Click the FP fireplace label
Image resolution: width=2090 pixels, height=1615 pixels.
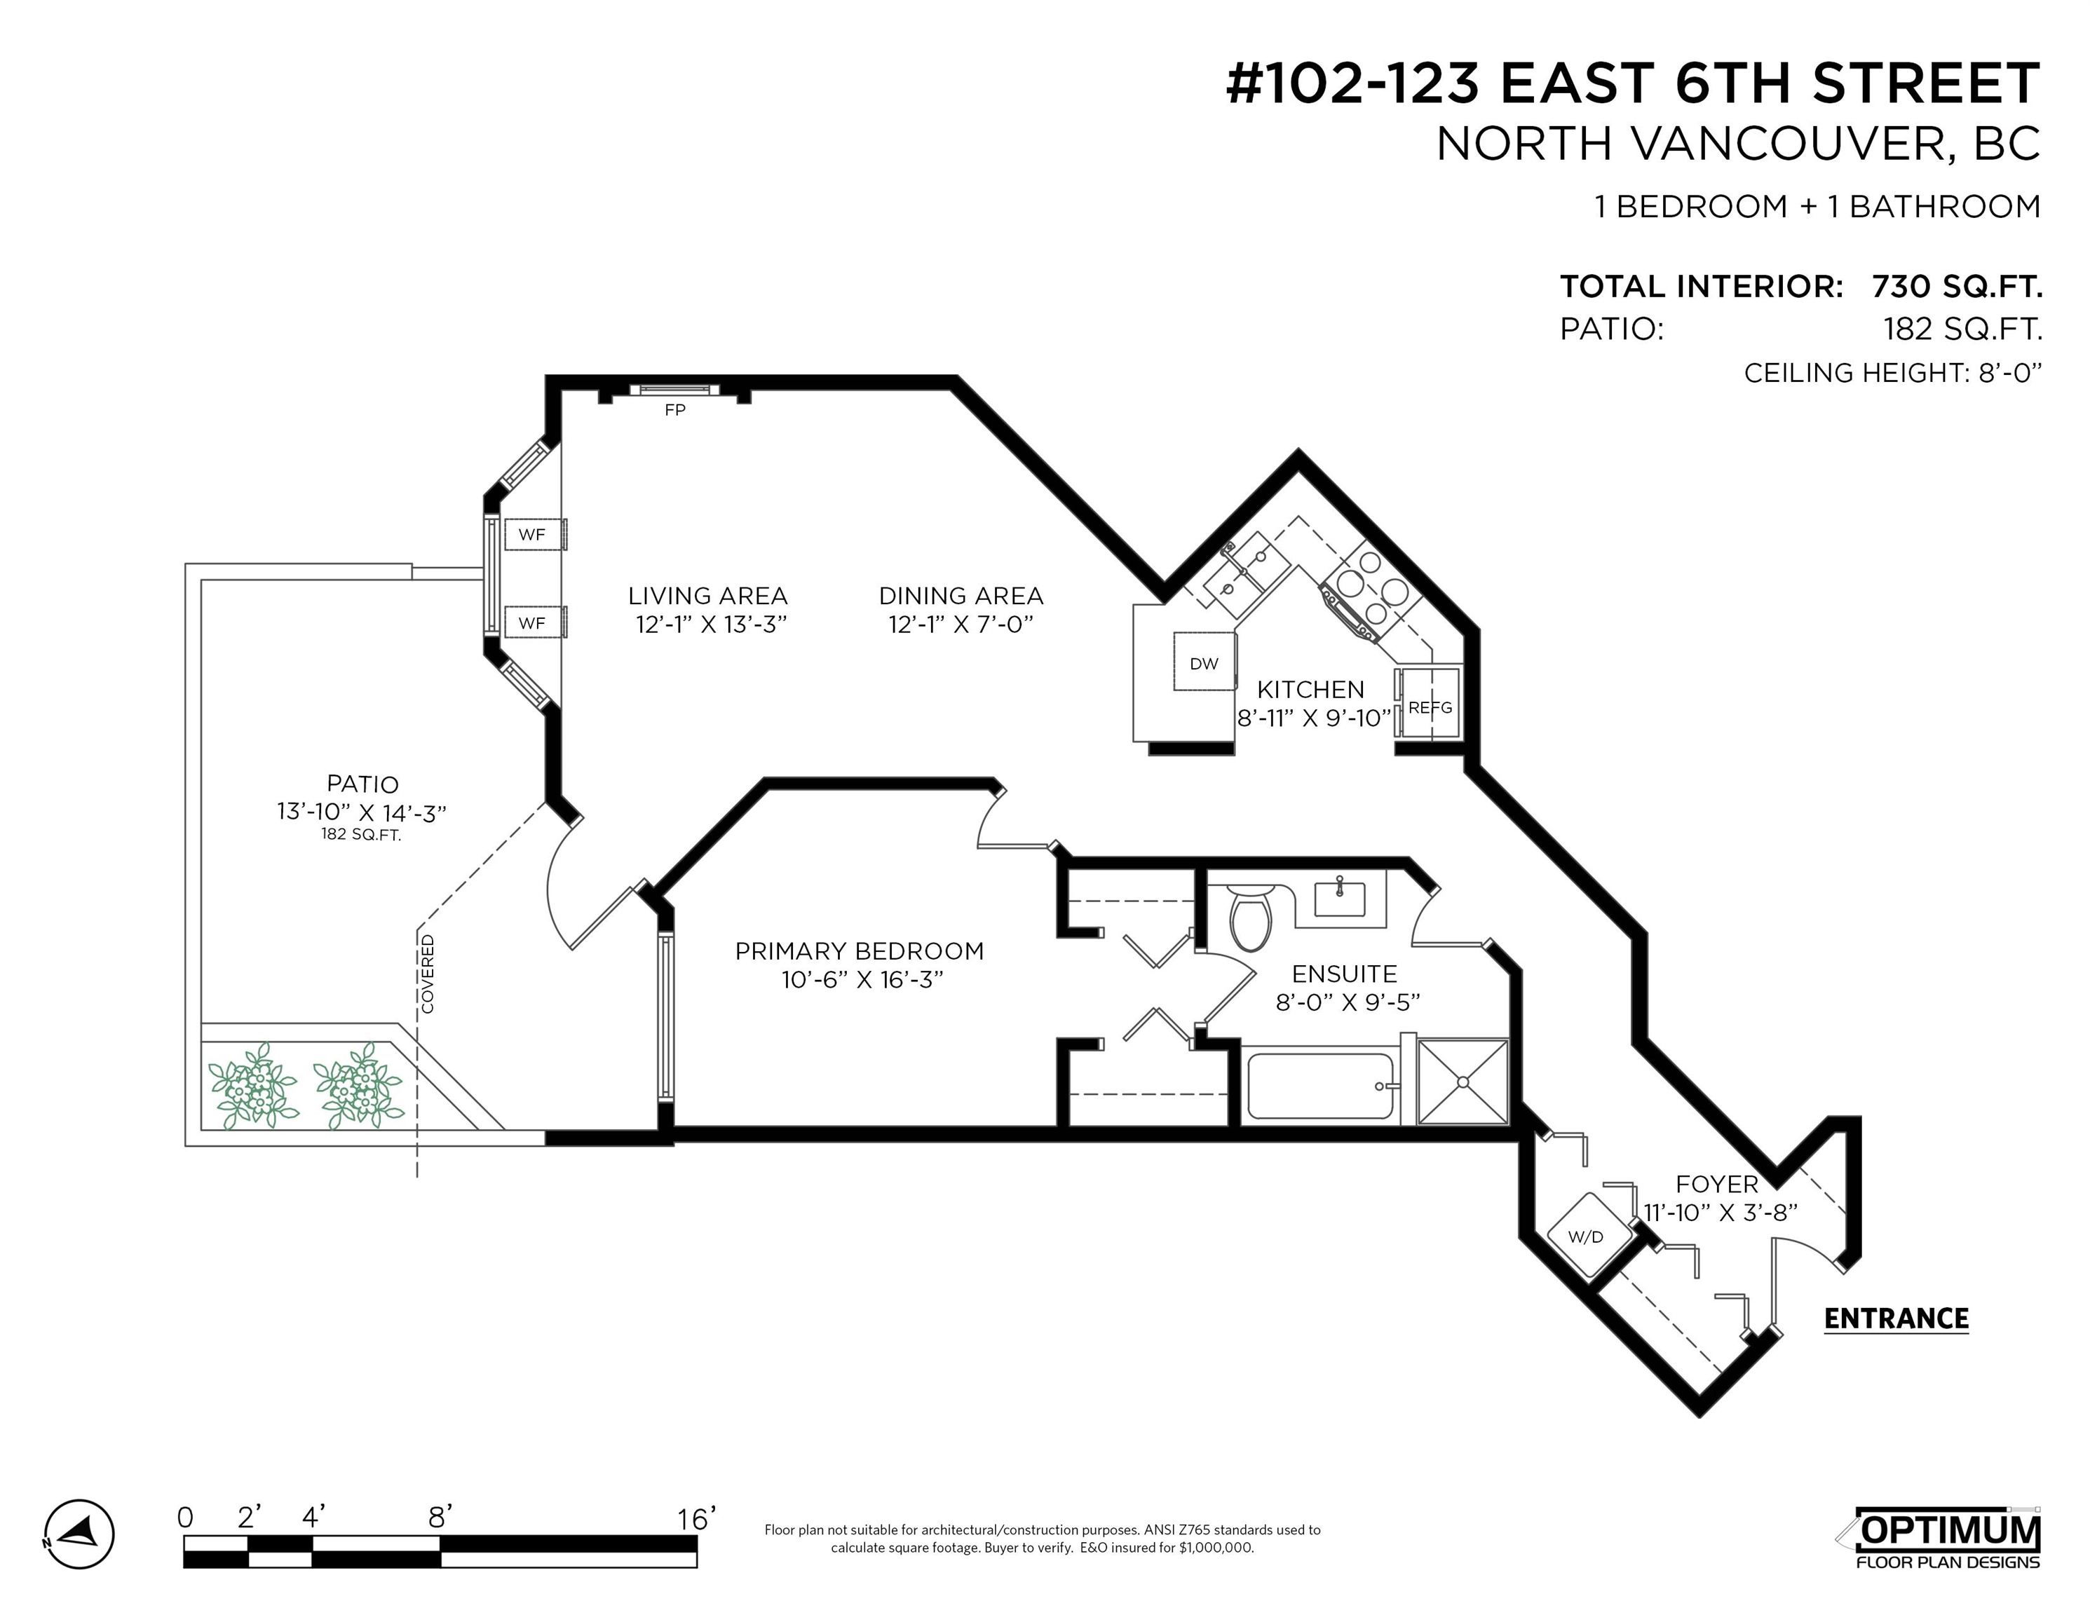coord(674,409)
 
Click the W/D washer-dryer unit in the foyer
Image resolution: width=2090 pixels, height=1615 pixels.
coord(1586,1236)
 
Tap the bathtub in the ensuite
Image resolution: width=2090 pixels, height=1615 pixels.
coord(1322,1086)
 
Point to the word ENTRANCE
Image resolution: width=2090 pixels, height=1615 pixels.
coord(1896,1319)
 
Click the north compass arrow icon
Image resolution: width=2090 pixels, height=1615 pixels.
coord(79,1534)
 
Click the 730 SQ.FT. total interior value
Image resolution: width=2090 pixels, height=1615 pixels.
coord(1957,286)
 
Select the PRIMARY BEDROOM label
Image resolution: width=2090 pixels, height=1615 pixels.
coord(860,951)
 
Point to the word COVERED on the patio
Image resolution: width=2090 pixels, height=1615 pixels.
coord(428,974)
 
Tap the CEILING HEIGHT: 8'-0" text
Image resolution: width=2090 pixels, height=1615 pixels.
coord(1893,373)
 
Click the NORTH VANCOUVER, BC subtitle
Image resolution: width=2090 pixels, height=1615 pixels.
coord(1739,144)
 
